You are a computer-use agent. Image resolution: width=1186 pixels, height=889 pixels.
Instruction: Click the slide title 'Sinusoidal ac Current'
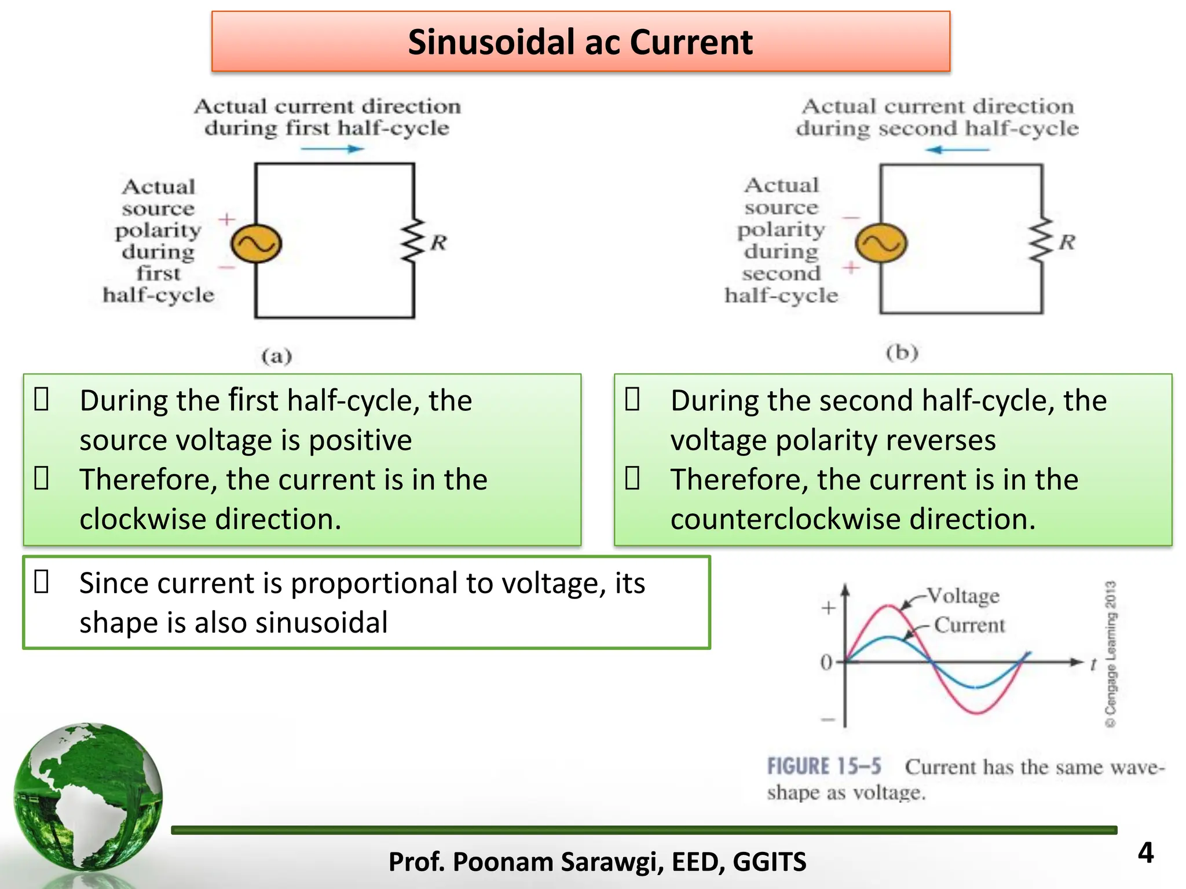580,42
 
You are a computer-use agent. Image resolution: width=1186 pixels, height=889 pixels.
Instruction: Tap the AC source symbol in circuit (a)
256,244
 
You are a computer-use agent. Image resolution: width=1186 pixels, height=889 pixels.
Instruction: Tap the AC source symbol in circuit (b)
881,244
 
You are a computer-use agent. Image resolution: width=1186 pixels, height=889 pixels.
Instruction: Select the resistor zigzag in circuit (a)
413,241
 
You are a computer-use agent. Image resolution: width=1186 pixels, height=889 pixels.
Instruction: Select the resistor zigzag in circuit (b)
1041,240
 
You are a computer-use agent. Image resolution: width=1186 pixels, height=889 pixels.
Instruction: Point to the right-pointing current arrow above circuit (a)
332,149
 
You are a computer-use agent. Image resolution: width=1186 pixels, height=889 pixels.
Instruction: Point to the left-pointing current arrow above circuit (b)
957,150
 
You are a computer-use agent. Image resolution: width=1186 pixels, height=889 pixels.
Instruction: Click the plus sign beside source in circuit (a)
226,219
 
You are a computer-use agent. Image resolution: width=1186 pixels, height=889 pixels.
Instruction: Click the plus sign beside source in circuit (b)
851,267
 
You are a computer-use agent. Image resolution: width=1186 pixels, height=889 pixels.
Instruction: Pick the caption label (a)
276,355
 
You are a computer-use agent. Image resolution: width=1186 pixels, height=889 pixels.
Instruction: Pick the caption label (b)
902,352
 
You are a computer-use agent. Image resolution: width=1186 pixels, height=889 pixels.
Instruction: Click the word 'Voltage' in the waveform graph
963,596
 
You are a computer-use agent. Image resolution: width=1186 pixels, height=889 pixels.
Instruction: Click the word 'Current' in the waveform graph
969,625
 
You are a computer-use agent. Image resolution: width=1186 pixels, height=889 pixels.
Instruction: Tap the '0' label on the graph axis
826,662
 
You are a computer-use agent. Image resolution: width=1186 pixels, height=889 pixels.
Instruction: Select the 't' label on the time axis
1093,664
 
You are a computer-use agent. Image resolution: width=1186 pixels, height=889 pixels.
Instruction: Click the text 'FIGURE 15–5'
824,766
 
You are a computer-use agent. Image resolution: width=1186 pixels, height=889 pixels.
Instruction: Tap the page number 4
1145,853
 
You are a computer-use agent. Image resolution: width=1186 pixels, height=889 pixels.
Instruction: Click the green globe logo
88,796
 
